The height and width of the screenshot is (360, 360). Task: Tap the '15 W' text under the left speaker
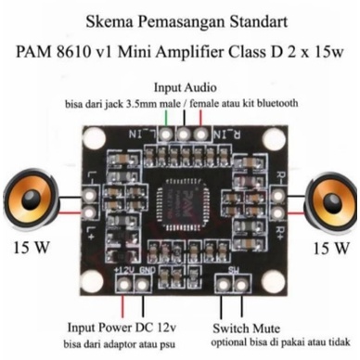coord(32,249)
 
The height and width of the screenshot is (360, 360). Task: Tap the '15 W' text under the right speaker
coord(330,249)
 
